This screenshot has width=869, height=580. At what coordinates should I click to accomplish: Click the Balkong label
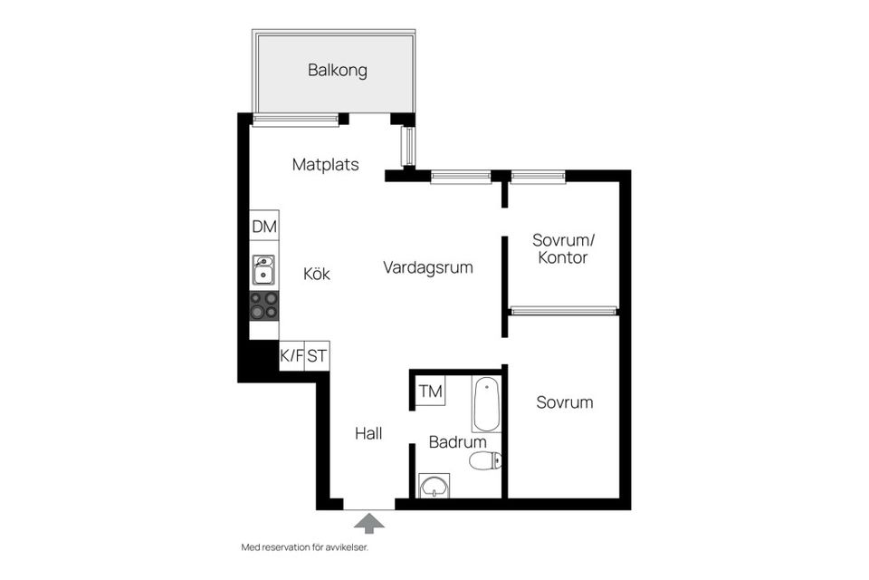[x=337, y=70]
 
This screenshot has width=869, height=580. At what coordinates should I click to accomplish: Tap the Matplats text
[x=325, y=165]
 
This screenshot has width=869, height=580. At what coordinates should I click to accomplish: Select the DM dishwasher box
[x=264, y=227]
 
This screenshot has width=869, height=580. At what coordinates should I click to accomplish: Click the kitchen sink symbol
[x=264, y=270]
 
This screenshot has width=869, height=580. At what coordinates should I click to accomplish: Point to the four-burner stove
[x=264, y=305]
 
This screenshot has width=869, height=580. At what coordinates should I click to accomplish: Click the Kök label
[x=316, y=274]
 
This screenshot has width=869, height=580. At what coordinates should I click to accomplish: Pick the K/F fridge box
[x=291, y=356]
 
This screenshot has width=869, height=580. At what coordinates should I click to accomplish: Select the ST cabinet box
[x=317, y=356]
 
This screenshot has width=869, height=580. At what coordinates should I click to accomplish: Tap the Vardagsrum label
[x=427, y=268]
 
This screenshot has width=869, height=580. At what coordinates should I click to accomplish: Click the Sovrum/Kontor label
[x=560, y=249]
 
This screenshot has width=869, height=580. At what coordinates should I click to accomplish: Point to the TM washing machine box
[x=431, y=392]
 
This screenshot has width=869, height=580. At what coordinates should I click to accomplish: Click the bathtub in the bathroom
[x=485, y=404]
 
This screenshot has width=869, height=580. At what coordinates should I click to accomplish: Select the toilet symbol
[x=484, y=461]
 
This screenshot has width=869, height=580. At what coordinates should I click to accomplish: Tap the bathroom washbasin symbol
[x=435, y=486]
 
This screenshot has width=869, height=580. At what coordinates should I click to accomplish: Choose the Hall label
[x=368, y=434]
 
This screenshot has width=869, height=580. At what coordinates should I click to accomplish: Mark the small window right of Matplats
[x=407, y=146]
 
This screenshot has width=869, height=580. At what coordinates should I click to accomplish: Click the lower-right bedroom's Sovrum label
[x=564, y=402]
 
